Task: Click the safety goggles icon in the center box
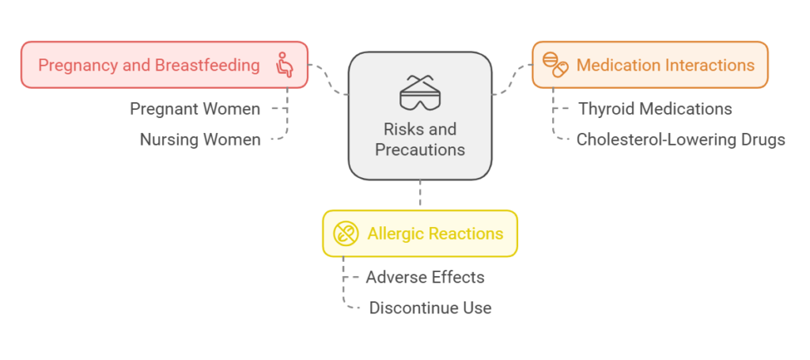[x=419, y=93]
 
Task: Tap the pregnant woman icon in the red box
[x=284, y=65]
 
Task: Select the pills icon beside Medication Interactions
[x=555, y=65]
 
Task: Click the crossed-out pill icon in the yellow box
[x=346, y=233]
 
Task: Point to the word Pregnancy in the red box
[x=78, y=66]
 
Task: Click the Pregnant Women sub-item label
[x=195, y=109]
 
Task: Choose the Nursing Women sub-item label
[x=200, y=139]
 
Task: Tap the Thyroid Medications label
[x=655, y=109]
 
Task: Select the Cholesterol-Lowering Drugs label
[x=681, y=139]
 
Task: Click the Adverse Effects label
[x=425, y=278]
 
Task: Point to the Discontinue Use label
[x=430, y=308]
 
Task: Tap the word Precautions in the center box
[x=420, y=150]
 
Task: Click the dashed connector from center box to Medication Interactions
[x=512, y=80]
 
